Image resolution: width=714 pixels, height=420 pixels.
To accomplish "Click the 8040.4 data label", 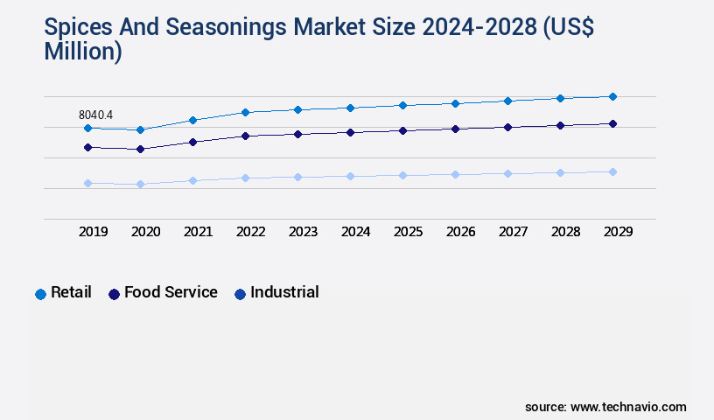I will tap(95, 115).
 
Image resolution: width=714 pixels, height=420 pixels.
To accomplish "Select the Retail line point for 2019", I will tap(87, 129).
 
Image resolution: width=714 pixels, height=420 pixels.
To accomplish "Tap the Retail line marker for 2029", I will tap(612, 96).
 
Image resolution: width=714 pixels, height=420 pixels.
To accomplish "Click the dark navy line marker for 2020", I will tap(140, 150).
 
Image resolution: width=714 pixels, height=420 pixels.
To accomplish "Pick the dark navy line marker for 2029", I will tap(612, 124).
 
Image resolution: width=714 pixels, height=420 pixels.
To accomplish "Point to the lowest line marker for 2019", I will tap(87, 183).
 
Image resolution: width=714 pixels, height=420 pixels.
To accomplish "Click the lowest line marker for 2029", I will tap(612, 171).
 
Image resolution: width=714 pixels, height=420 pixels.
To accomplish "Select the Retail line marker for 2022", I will tap(245, 112).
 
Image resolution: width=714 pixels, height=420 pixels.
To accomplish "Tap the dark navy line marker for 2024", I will tap(350, 132).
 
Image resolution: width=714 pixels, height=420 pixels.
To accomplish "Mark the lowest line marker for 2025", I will tap(402, 175).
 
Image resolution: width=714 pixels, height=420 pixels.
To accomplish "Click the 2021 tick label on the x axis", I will tap(198, 232).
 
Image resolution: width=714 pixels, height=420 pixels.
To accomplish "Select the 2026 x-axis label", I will tap(460, 232).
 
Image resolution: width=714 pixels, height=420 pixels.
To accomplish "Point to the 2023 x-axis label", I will tap(303, 232).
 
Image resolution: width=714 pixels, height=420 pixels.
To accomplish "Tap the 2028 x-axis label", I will tap(565, 232).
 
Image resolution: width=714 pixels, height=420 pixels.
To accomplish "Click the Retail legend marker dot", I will tap(40, 294).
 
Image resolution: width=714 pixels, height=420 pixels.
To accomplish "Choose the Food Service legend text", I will tap(171, 292).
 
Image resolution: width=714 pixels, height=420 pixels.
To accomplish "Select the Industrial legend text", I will tap(284, 292).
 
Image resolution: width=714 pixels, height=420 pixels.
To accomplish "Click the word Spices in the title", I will tap(78, 28).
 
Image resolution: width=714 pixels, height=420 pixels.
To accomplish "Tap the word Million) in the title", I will tap(83, 52).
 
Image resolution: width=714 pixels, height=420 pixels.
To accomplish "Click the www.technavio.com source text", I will tap(628, 407).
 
